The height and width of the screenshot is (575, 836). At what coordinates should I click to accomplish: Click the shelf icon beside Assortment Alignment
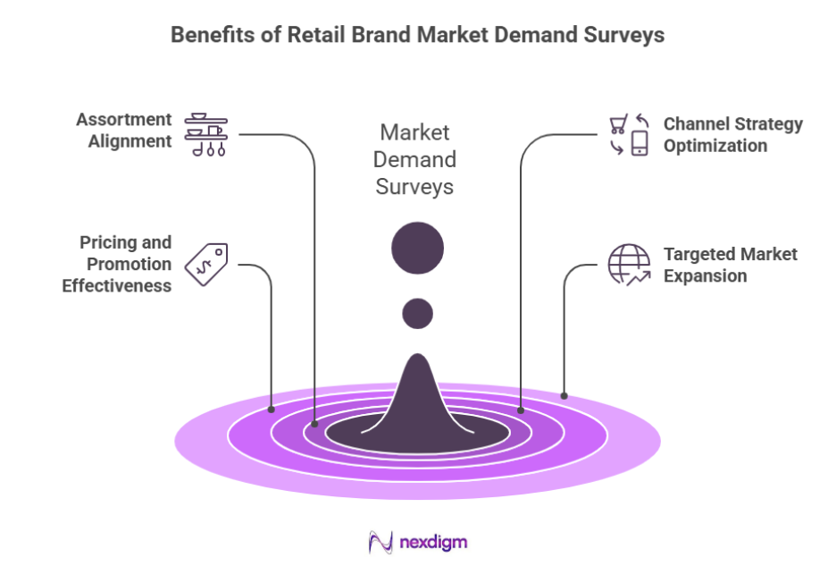206,135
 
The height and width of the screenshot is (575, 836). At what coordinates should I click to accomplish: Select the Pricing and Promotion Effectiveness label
117,264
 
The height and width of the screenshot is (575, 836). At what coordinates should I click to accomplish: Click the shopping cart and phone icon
629,134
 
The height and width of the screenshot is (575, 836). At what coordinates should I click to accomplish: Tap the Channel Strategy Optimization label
732,134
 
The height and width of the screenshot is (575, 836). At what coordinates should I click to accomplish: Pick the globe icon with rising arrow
629,265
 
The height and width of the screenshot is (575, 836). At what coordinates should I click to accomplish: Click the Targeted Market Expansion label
730,265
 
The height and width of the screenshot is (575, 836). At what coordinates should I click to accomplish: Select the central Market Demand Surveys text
414,159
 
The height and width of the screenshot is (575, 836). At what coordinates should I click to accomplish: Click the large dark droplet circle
417,248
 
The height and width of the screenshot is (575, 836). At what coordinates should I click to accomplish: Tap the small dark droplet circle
417,313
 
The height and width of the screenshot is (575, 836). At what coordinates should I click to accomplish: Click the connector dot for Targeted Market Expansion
564,395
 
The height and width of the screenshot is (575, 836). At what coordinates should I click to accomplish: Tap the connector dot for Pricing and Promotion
272,410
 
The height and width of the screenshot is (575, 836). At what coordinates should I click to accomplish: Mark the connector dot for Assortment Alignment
314,424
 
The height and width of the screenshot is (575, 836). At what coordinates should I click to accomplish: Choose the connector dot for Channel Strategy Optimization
521,410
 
